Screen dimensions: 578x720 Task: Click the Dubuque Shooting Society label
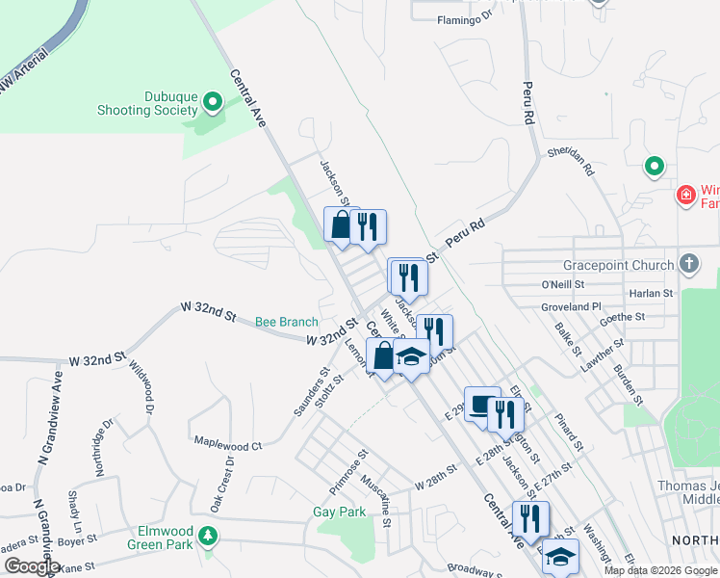[146, 103]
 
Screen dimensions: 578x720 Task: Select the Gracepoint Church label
[620, 265]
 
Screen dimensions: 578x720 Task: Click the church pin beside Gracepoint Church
[688, 263]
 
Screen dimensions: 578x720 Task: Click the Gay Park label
[340, 512]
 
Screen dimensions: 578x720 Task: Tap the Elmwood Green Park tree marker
[206, 535]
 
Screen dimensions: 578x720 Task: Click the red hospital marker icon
[686, 195]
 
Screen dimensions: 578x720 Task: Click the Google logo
[32, 566]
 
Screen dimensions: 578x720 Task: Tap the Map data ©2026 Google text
[660, 570]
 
